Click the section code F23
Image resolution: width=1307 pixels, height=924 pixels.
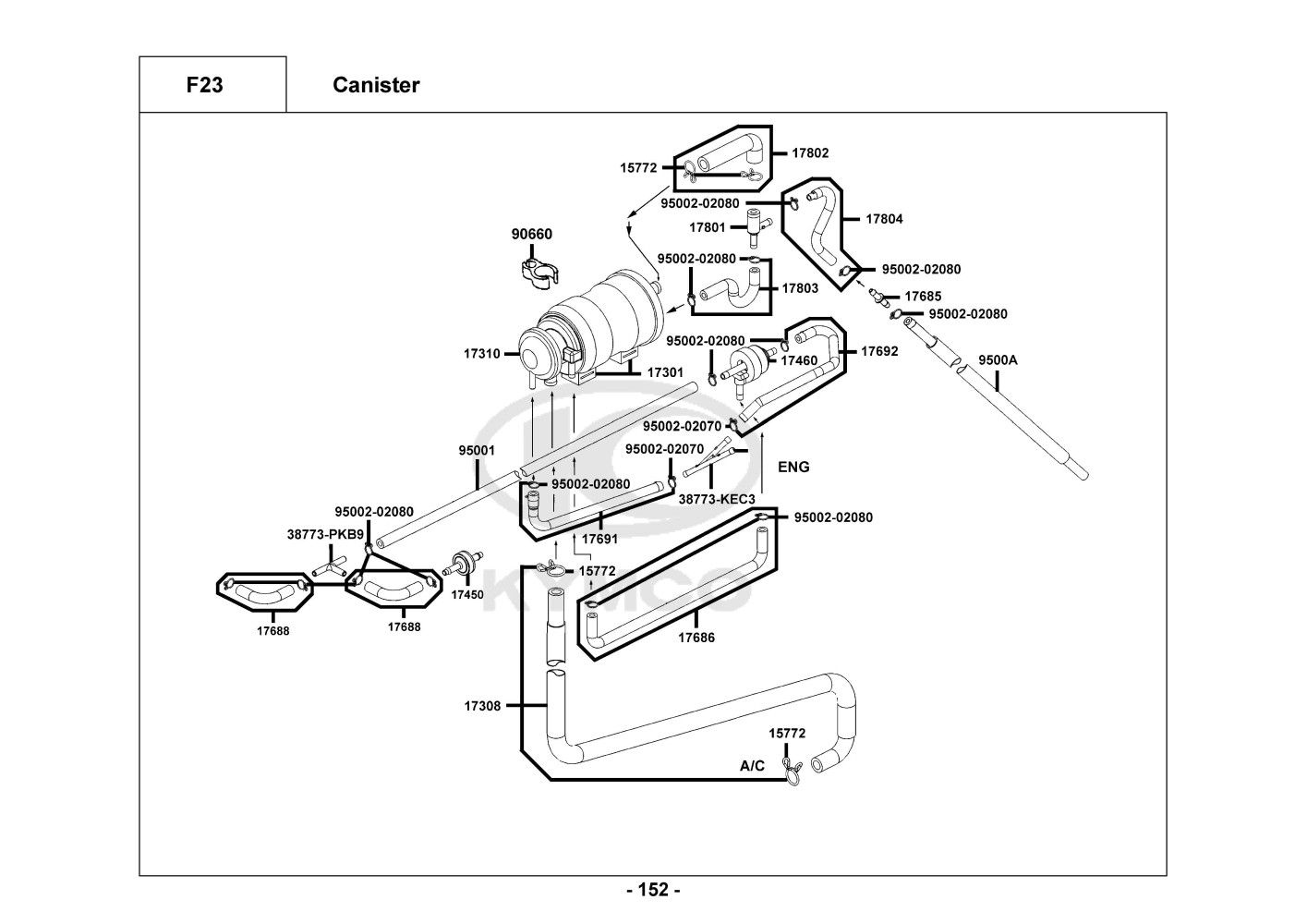pos(204,85)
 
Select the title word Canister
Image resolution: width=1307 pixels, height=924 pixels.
pos(376,85)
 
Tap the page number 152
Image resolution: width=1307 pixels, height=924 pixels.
pos(653,891)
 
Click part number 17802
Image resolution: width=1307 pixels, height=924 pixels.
pos(810,153)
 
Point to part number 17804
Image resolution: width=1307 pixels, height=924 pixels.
pos(884,220)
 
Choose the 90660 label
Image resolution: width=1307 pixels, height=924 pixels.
pos(532,235)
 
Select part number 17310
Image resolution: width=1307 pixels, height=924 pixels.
pos(482,354)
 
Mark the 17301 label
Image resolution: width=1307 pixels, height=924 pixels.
pos(665,373)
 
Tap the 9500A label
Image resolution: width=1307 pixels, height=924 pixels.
pos(998,360)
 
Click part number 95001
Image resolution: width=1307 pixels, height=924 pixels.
pos(477,451)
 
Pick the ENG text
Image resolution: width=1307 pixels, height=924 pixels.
pos(793,468)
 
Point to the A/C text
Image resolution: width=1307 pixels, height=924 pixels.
pos(753,766)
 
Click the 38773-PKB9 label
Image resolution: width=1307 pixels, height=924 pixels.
pos(325,534)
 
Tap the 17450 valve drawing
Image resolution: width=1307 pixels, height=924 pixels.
pos(465,564)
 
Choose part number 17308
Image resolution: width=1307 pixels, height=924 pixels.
pos(482,706)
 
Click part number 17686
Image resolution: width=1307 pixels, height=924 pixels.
pos(696,638)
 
